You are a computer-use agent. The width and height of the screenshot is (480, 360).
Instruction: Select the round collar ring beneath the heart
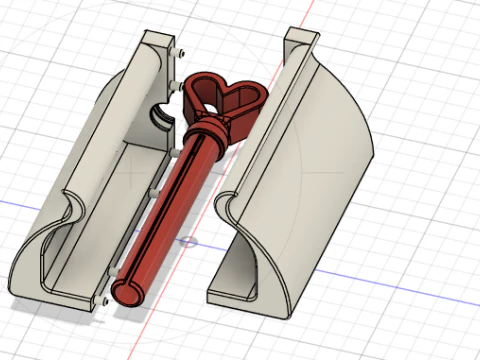click(x=212, y=132)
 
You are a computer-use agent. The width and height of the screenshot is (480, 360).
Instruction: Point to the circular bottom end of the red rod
click(x=126, y=292)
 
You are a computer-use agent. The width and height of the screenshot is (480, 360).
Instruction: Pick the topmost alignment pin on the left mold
click(x=180, y=51)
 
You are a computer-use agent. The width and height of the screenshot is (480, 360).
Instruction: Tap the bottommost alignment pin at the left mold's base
click(x=104, y=299)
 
